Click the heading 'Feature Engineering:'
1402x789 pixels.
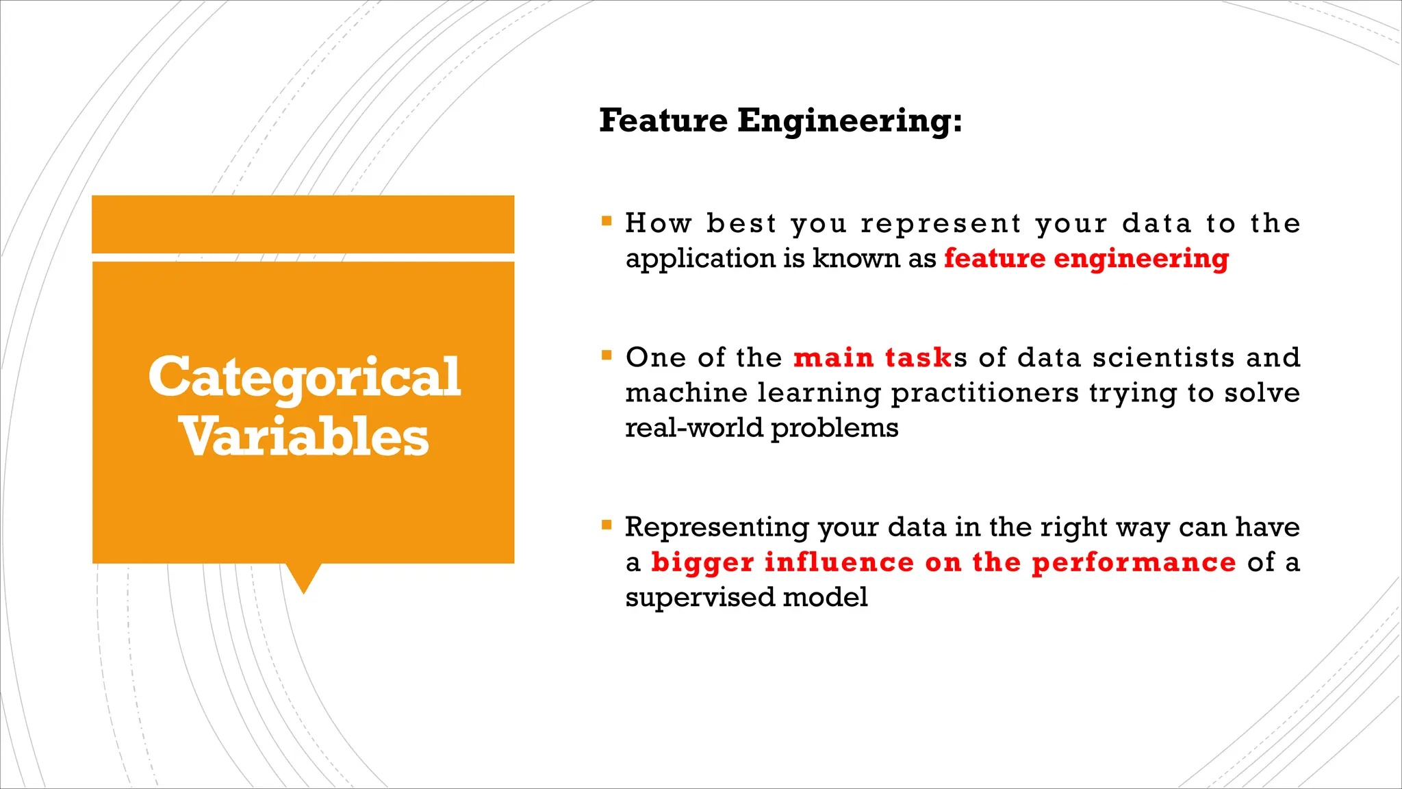pyautogui.click(x=780, y=121)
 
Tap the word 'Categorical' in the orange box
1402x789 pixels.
pyautogui.click(x=305, y=377)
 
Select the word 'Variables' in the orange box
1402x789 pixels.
pyautogui.click(x=305, y=438)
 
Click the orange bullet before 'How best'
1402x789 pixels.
pyautogui.click(x=607, y=221)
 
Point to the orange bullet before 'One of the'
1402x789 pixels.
pyautogui.click(x=607, y=355)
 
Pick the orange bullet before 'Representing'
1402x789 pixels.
pyautogui.click(x=607, y=525)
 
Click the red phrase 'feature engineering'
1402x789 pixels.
pyautogui.click(x=1086, y=259)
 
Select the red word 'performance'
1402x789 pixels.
pyautogui.click(x=1134, y=562)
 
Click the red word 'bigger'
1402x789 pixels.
pyautogui.click(x=702, y=562)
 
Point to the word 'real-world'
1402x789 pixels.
pyautogui.click(x=694, y=428)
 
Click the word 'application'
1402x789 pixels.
pyautogui.click(x=700, y=259)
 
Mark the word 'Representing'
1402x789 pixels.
pyautogui.click(x=717, y=527)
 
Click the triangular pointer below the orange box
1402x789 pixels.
pyautogui.click(x=303, y=577)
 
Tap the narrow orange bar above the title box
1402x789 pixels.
pyautogui.click(x=303, y=224)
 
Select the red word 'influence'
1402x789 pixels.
pyautogui.click(x=839, y=562)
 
